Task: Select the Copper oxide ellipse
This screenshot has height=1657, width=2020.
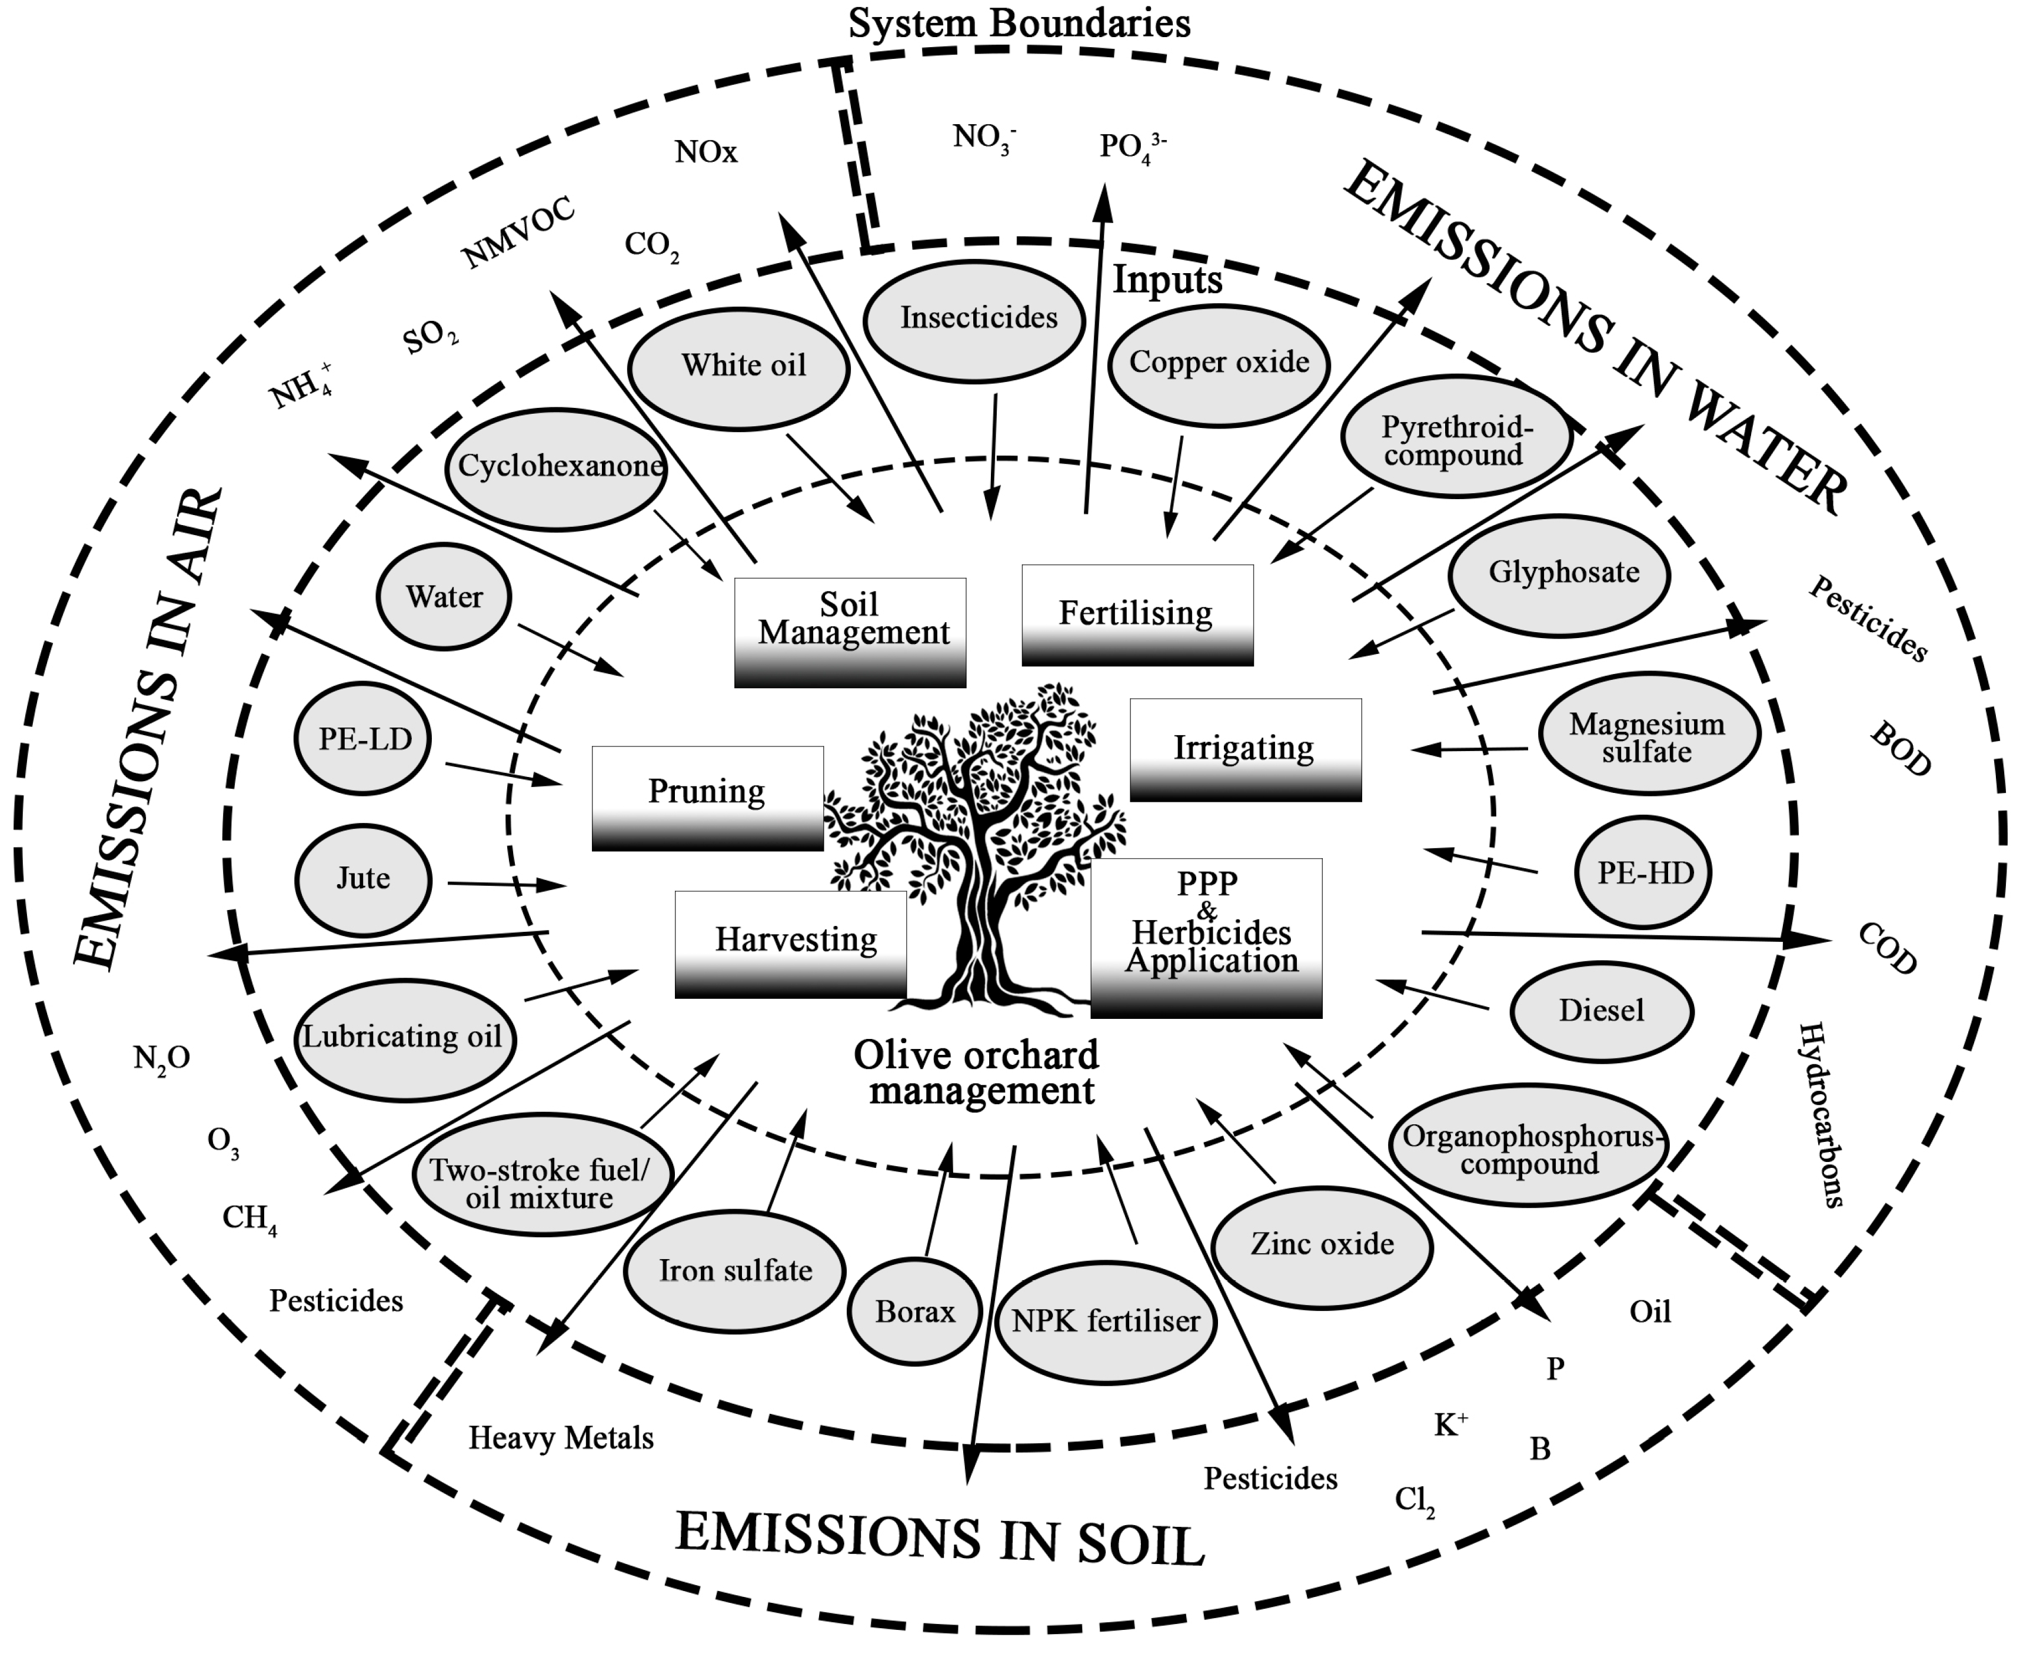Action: [x=1219, y=364]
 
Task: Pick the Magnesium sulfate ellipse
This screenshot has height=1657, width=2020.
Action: [x=1648, y=736]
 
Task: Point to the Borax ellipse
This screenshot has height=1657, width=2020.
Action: [x=914, y=1313]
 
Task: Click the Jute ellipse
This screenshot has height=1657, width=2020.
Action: [x=362, y=879]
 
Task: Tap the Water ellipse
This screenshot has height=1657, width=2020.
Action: [x=444, y=597]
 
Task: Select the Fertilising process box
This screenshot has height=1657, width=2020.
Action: [x=1136, y=614]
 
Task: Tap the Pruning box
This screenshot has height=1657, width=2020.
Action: [x=707, y=797]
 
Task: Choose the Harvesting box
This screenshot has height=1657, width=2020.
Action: [x=791, y=943]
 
